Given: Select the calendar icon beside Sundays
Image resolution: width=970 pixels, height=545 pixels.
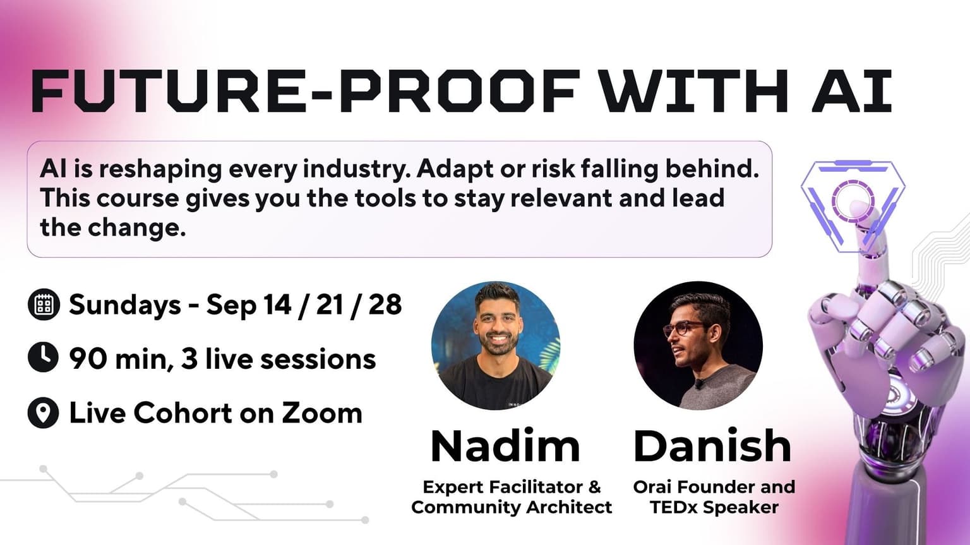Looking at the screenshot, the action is [44, 304].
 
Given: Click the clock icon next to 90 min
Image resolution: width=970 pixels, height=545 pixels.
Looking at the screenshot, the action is [44, 358].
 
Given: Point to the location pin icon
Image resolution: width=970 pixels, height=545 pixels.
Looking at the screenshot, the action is [44, 412].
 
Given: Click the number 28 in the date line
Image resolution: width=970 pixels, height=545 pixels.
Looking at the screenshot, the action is [385, 304].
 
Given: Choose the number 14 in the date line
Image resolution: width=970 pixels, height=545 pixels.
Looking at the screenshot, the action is [277, 304].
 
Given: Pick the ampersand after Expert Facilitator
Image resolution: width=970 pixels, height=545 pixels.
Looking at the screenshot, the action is [595, 487].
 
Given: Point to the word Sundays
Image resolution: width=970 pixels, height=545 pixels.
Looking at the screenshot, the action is [124, 305].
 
